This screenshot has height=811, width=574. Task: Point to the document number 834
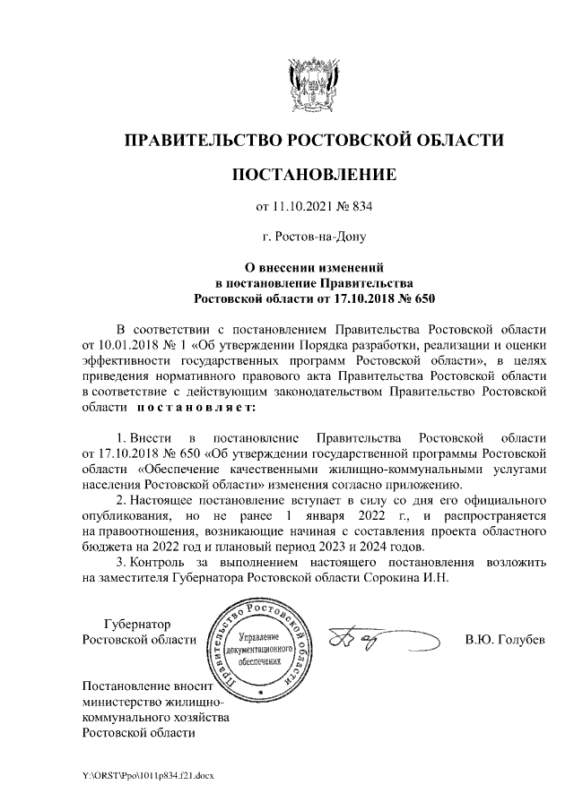(361, 208)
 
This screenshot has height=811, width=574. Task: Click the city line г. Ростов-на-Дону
(313, 237)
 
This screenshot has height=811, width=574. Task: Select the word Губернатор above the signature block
(137, 624)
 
